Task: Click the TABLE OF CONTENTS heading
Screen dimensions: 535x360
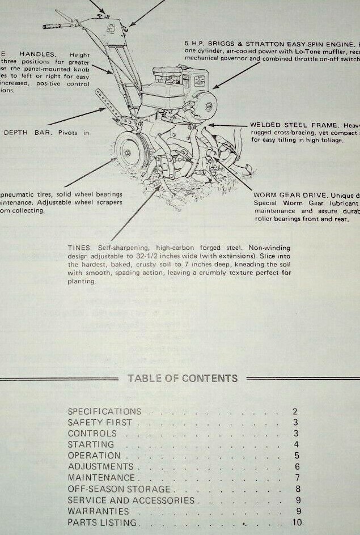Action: point(183,379)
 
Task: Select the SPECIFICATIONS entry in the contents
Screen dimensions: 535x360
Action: point(104,411)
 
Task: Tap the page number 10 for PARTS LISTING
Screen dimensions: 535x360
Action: point(297,523)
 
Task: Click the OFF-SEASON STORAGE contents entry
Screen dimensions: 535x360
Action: point(119,489)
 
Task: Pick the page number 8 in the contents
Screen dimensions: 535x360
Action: point(297,489)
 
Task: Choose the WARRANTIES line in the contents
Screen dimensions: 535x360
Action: point(94,511)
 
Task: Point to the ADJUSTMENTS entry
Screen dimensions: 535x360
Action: point(100,467)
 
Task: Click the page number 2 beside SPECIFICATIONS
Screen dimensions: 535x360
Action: point(295,411)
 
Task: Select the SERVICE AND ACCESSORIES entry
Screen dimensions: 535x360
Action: point(131,500)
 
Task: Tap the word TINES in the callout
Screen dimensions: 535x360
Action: point(79,248)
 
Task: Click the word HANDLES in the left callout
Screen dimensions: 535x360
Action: point(39,54)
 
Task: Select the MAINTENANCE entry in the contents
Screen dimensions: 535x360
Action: point(101,478)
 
